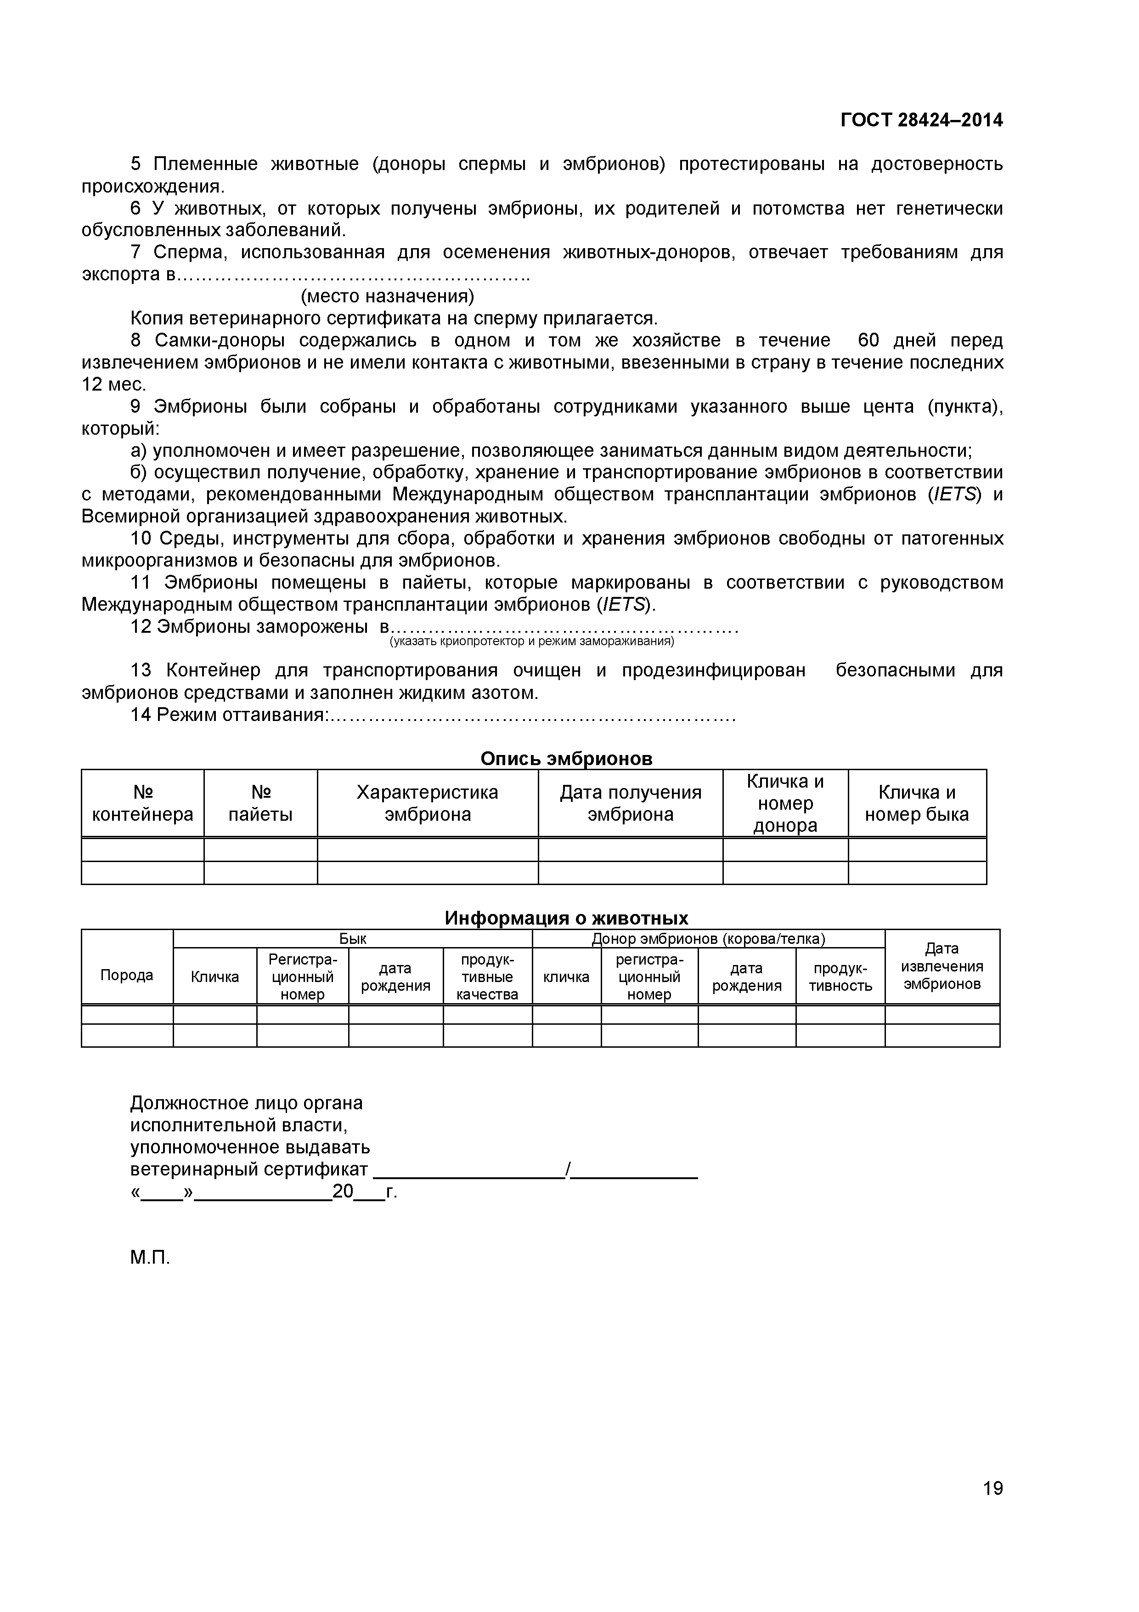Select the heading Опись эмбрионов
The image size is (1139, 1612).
point(566,759)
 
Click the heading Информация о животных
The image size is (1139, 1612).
point(566,918)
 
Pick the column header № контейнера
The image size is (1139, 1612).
point(142,803)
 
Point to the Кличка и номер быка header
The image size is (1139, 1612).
point(917,803)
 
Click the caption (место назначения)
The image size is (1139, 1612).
point(387,296)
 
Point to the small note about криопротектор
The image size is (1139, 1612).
point(531,641)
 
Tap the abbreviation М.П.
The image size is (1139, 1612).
point(150,1257)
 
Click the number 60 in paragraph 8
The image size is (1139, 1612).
point(868,341)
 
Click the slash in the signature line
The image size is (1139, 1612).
point(567,1169)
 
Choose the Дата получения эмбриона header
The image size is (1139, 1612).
point(630,803)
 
